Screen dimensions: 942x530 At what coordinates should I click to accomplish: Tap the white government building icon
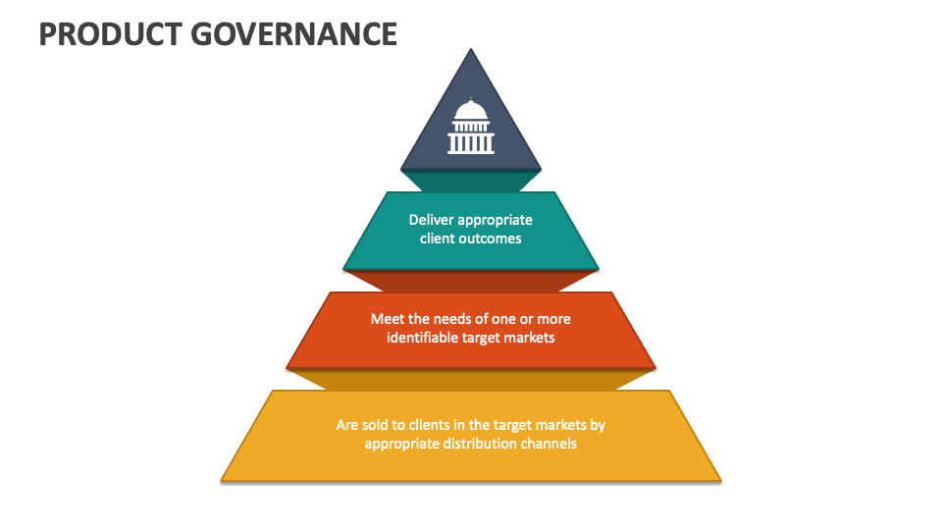click(471, 128)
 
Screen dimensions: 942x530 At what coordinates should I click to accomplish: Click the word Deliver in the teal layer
click(431, 220)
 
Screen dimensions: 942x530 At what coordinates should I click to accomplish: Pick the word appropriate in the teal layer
click(496, 220)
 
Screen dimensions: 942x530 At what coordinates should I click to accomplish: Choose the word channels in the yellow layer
click(552, 444)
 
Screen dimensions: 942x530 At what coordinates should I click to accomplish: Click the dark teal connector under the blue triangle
click(471, 182)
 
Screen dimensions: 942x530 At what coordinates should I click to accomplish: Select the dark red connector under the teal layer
click(471, 281)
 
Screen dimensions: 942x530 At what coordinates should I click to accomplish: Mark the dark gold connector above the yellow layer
click(471, 380)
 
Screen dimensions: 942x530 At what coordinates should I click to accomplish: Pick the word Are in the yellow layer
click(347, 425)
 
